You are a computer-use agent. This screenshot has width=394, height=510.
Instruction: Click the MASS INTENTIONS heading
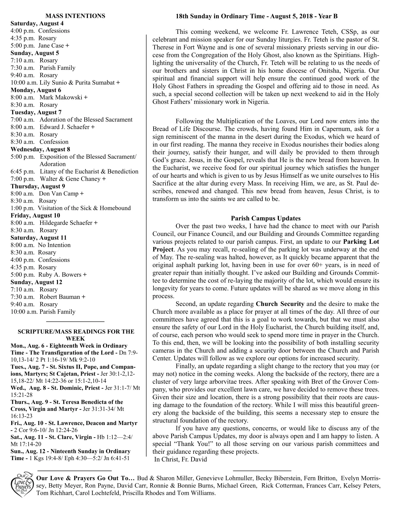[x=75, y=16]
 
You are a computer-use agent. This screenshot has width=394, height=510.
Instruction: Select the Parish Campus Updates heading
[x=266, y=218]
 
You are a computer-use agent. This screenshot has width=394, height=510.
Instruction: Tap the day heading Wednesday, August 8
[x=40, y=149]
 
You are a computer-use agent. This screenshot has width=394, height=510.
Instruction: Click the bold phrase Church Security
[x=280, y=304]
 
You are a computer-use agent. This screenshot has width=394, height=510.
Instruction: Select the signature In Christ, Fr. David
[x=180, y=459]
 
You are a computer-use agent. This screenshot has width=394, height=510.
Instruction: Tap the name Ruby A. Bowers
[x=60, y=275]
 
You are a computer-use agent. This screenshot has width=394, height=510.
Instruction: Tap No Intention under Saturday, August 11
[x=54, y=245]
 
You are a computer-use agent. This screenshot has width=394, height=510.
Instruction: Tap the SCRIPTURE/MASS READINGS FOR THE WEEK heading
[x=76, y=335]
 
